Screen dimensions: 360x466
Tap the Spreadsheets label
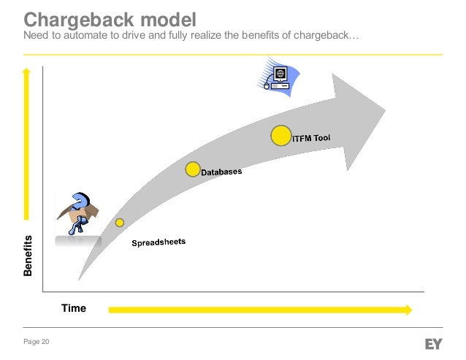click(x=158, y=242)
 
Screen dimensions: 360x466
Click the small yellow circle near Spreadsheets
click(x=120, y=222)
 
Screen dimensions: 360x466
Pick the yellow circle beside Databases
click(x=192, y=169)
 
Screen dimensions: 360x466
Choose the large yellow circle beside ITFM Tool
click(x=280, y=136)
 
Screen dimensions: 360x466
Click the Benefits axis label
click(x=28, y=256)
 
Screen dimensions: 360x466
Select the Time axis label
click(x=74, y=308)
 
